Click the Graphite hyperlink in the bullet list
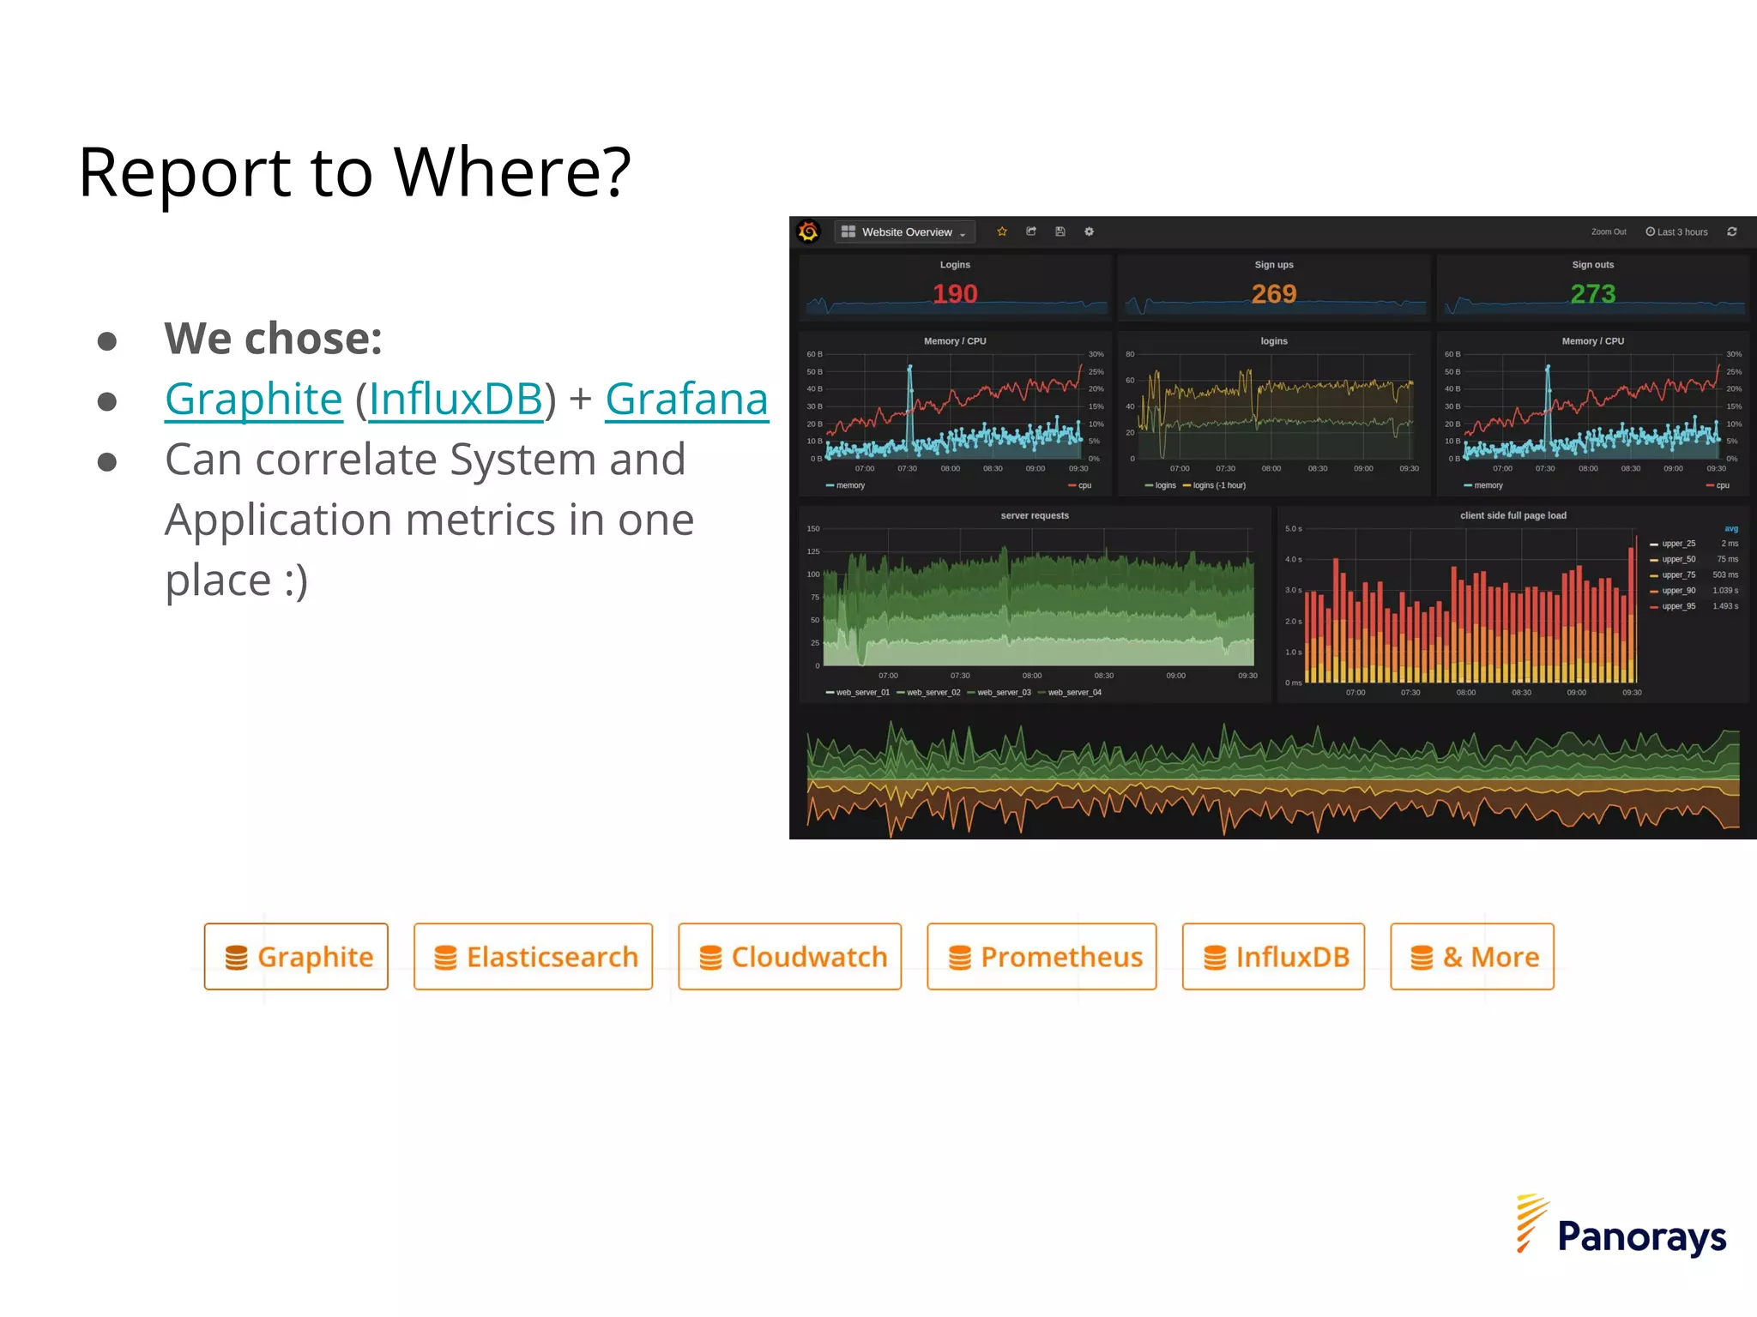253,400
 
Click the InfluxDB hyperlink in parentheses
456,400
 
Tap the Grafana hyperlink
686,400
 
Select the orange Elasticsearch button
533,957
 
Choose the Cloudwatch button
789,957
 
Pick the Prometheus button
1042,957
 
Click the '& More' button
1472,957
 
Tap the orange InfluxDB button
1273,957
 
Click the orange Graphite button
296,957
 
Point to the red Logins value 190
955,294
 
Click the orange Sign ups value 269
1274,294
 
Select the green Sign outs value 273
1593,294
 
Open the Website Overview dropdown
906,232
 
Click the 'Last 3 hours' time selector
1677,232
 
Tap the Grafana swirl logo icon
808,232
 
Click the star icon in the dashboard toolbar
1002,232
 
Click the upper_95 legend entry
1677,606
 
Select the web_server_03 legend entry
1003,693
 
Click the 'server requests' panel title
1035,515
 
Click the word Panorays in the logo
1641,1237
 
